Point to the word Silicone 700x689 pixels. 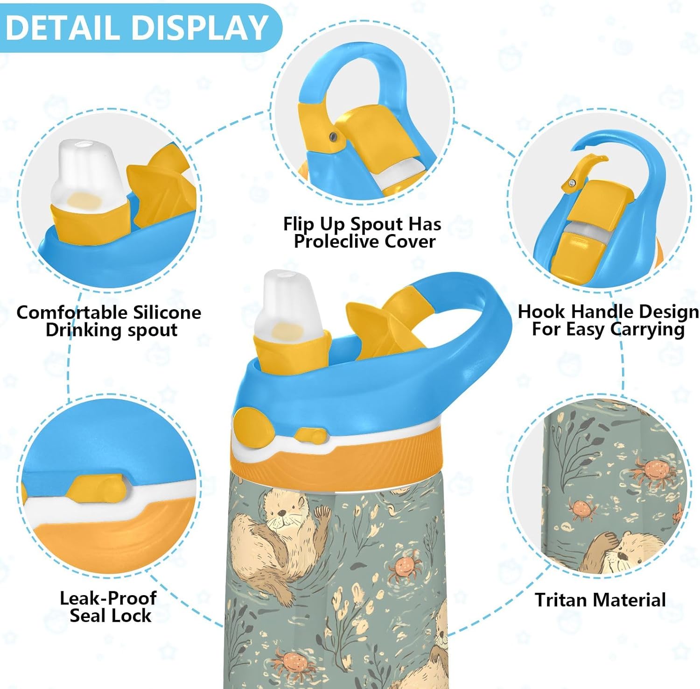(x=167, y=312)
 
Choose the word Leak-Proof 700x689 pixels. (x=108, y=598)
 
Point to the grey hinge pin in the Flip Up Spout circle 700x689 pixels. (x=333, y=136)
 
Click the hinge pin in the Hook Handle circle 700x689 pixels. (x=570, y=184)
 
